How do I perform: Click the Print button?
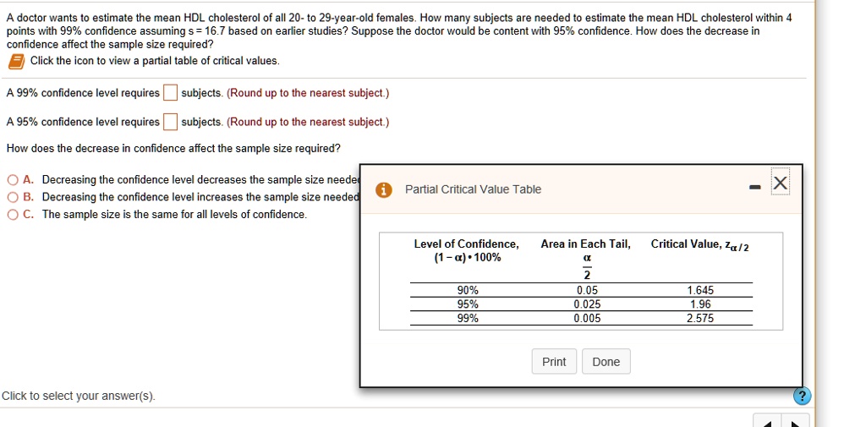pos(554,362)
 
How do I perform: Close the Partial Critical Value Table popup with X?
pos(781,183)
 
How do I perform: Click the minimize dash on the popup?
pos(754,188)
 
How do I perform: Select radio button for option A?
pos(14,180)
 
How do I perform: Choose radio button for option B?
pos(14,197)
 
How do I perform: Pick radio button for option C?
pos(14,214)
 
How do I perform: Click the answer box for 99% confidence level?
pos(170,92)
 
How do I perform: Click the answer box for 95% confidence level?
pos(170,121)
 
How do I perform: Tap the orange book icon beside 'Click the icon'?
pos(17,62)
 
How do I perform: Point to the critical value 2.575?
pos(699,319)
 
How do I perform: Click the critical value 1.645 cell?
pos(699,291)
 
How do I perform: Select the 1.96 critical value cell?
pos(700,304)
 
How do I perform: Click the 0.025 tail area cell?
pos(587,304)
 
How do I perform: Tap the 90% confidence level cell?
pos(468,291)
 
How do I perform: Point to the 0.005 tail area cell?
pos(587,319)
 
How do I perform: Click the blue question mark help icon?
pos(803,396)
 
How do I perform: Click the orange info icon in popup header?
pos(383,190)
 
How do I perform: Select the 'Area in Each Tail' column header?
pos(585,244)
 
